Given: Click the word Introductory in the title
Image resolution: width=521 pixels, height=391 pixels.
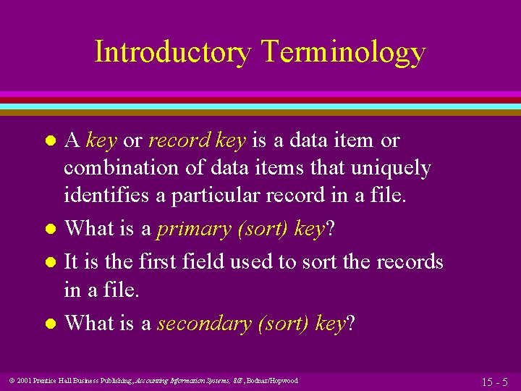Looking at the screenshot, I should pos(172,53).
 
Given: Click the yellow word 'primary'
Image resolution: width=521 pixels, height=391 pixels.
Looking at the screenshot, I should pos(189,230).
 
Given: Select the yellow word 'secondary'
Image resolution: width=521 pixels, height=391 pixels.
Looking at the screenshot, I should pos(204,324).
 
